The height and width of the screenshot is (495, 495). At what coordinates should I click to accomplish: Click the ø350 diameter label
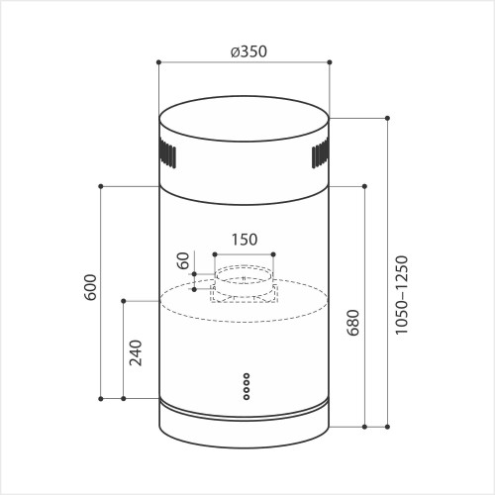pos(245,50)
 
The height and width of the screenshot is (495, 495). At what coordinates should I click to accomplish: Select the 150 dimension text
pos(245,239)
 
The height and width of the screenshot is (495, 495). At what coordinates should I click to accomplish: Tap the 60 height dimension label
pos(182,262)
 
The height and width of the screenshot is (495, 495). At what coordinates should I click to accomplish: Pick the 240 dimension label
pos(137,353)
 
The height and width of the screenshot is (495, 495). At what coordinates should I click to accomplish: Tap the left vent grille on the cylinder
pos(168,155)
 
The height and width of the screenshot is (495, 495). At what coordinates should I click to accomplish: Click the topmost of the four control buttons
pos(245,376)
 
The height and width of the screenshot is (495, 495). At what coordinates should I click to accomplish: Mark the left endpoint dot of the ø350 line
pos(159,62)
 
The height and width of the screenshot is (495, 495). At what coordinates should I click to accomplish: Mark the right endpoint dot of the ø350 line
pos(330,62)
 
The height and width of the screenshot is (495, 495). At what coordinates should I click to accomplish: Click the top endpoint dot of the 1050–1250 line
pos(387,118)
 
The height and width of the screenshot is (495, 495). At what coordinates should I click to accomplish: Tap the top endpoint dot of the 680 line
pos(365,185)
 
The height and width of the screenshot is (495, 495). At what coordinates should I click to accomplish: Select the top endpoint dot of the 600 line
pos(102,185)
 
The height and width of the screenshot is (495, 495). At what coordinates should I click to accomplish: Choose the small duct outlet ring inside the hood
pos(244,280)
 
